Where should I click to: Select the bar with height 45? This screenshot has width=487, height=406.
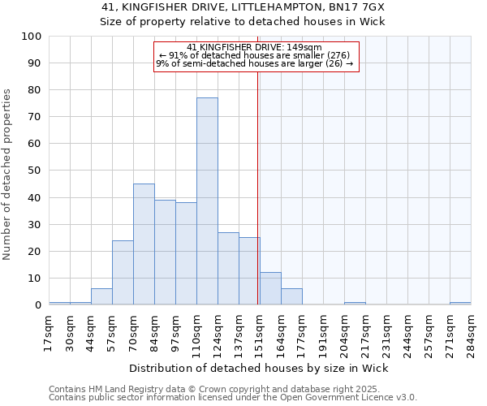(x=144, y=244)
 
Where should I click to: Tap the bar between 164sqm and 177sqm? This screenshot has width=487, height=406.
(x=291, y=297)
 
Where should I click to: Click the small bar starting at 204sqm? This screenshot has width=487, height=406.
(x=355, y=303)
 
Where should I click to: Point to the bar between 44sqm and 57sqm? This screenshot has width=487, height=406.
(x=101, y=297)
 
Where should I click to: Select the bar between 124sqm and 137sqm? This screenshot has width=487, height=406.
(x=228, y=269)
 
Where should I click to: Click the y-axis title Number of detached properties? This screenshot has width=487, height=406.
(x=8, y=175)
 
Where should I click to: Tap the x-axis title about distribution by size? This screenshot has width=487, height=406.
(x=259, y=369)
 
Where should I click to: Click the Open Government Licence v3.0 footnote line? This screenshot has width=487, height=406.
(x=233, y=398)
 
